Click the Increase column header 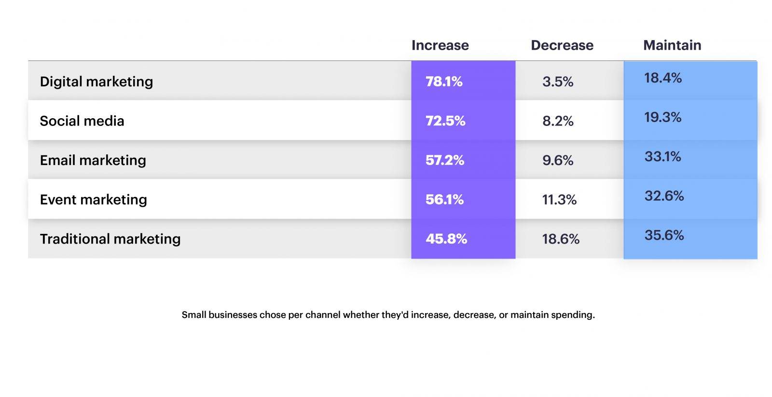pyautogui.click(x=440, y=45)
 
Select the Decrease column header pyautogui.click(x=562, y=45)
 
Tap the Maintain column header pyautogui.click(x=672, y=45)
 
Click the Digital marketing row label pyautogui.click(x=96, y=82)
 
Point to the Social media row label pyautogui.click(x=82, y=121)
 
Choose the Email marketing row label pyautogui.click(x=93, y=160)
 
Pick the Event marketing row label pyautogui.click(x=93, y=200)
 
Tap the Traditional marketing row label pyautogui.click(x=110, y=239)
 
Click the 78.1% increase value pyautogui.click(x=444, y=82)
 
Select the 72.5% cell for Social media pyautogui.click(x=445, y=121)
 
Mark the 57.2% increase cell pyautogui.click(x=445, y=160)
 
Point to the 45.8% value pyautogui.click(x=446, y=239)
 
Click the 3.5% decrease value pyautogui.click(x=558, y=82)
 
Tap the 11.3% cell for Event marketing pyautogui.click(x=559, y=200)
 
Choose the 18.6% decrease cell pyautogui.click(x=561, y=239)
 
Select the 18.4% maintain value pyautogui.click(x=663, y=78)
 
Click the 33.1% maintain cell pyautogui.click(x=663, y=157)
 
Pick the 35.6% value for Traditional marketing pyautogui.click(x=664, y=235)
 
